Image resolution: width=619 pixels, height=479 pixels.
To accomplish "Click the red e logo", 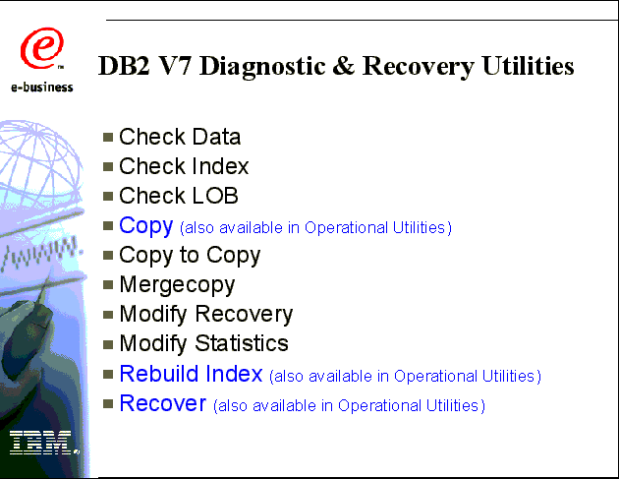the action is pyautogui.click(x=42, y=48).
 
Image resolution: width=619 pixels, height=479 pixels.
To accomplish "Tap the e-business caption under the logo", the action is pyautogui.click(x=42, y=87).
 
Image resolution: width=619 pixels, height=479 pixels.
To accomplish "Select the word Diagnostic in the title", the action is pyautogui.click(x=262, y=66).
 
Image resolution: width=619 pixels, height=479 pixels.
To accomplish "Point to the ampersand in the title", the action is pyautogui.click(x=344, y=66).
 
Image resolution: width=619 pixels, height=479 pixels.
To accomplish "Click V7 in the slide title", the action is pyautogui.click(x=175, y=66).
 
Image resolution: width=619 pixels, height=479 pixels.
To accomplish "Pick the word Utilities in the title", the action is pyautogui.click(x=528, y=66).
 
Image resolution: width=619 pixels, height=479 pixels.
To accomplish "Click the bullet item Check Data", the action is pyautogui.click(x=180, y=137).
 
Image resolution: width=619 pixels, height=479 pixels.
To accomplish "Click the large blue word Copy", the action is pyautogui.click(x=146, y=226).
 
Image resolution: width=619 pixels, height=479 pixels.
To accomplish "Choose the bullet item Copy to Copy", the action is pyautogui.click(x=190, y=256).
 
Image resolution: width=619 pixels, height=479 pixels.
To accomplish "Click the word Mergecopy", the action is pyautogui.click(x=177, y=285).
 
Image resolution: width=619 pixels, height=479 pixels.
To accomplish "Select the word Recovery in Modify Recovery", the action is pyautogui.click(x=244, y=315).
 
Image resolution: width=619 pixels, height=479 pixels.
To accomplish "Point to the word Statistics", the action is pyautogui.click(x=242, y=343).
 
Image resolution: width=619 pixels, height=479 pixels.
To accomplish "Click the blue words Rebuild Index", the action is pyautogui.click(x=191, y=374).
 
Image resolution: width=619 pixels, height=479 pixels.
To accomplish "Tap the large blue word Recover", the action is pyautogui.click(x=163, y=403).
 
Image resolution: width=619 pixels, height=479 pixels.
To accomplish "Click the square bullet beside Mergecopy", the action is pyautogui.click(x=108, y=285).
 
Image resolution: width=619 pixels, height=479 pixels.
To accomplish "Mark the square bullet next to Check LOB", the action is pyautogui.click(x=108, y=197).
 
